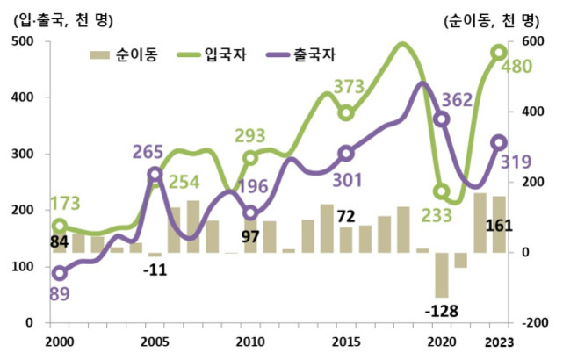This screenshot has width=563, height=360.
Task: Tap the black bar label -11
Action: point(155,270)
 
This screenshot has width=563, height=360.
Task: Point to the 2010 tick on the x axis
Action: point(250,340)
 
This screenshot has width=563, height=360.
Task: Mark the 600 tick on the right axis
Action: point(535,41)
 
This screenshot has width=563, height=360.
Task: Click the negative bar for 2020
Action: point(442,275)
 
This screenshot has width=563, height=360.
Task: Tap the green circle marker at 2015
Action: point(346,112)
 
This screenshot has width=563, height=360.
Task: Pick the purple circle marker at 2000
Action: point(59,273)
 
